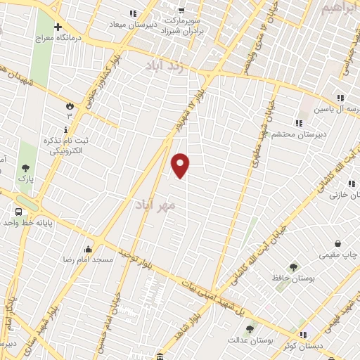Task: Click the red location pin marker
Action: (181, 165)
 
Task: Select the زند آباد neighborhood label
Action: (163, 67)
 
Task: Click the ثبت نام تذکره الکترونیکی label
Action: (67, 145)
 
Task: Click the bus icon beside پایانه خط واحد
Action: (18, 212)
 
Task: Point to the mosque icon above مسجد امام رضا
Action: (88, 248)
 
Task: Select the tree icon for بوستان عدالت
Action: (249, 328)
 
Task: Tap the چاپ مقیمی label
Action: (337, 254)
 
